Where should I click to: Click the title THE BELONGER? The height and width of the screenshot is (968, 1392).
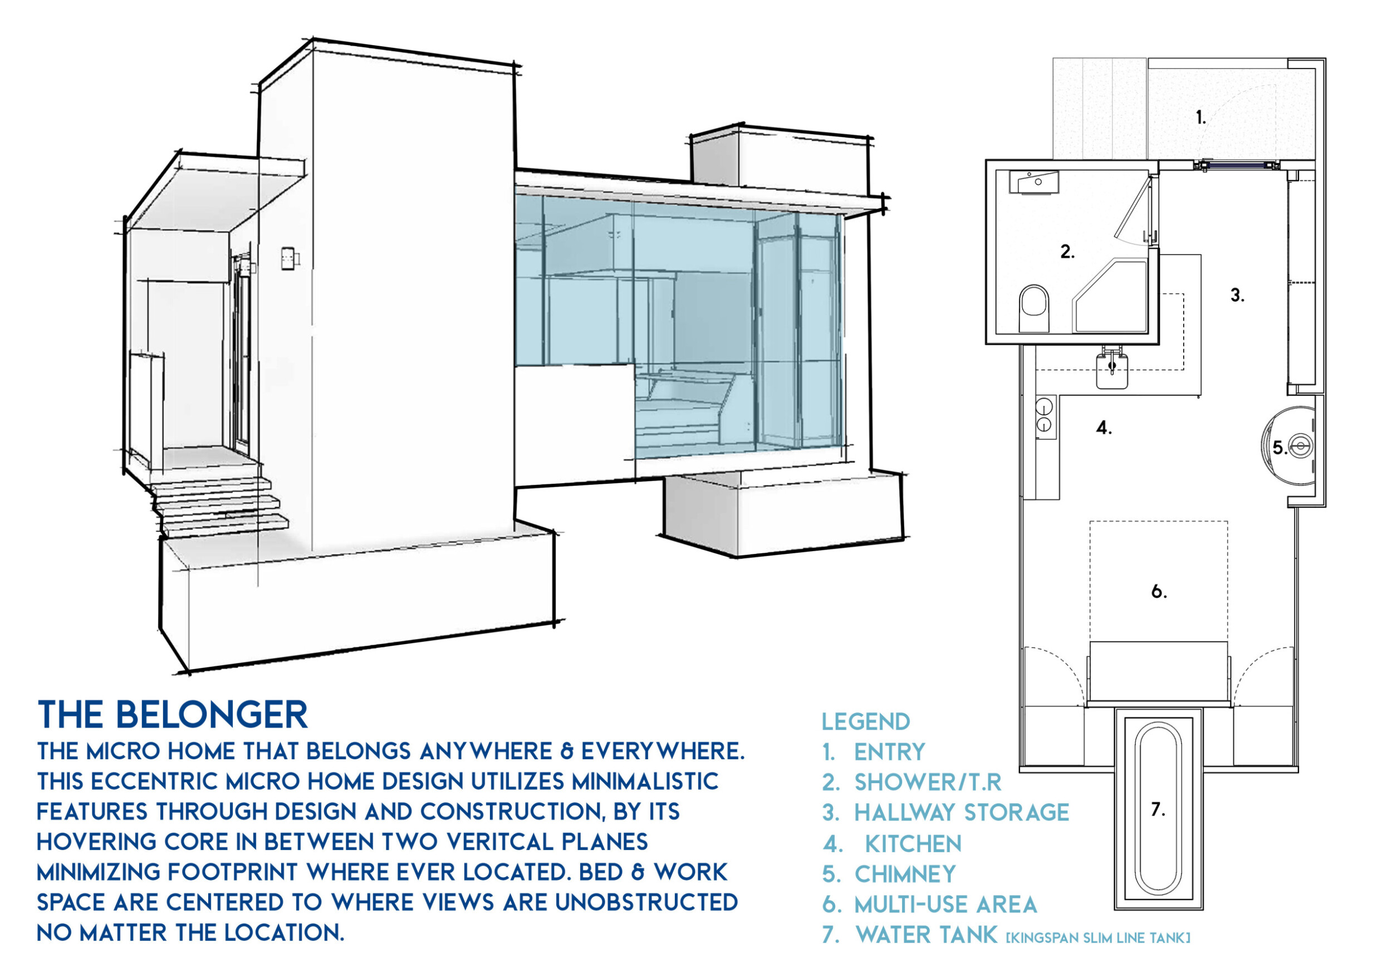pos(173,715)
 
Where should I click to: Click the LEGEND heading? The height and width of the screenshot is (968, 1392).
pos(866,722)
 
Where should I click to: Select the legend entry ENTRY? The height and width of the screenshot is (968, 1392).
pos(889,752)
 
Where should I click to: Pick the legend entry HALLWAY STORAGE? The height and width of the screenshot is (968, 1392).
pos(962,813)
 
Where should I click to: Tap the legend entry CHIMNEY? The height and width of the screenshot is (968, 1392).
pos(905,874)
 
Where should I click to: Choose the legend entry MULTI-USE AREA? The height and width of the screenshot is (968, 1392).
pos(946,905)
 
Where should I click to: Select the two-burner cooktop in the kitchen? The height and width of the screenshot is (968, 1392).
pos(1044,414)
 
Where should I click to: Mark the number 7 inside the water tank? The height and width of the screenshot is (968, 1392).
pos(1158,809)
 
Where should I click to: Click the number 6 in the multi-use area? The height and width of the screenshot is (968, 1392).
pos(1159,591)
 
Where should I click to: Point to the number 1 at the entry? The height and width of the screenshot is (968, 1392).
pos(1200,117)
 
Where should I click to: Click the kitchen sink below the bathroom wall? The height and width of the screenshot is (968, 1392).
pos(1111,367)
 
